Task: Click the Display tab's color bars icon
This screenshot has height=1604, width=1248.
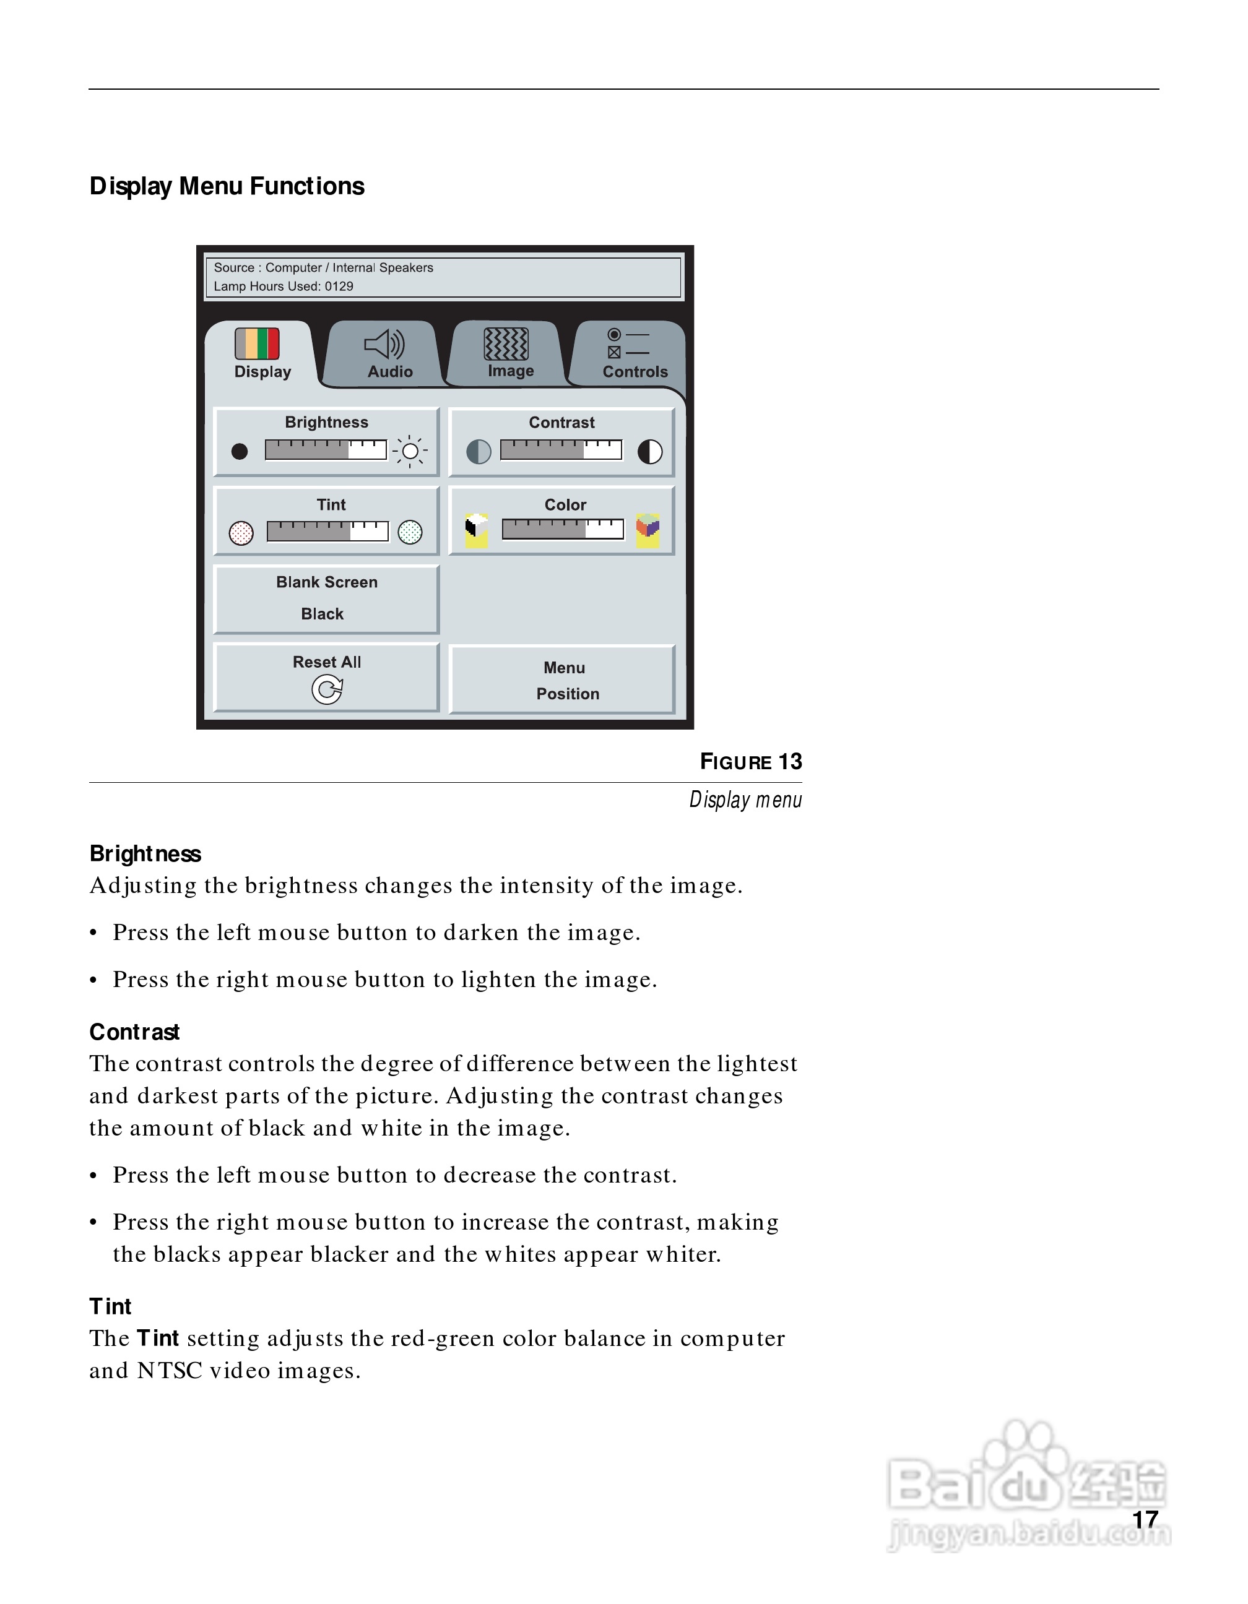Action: click(x=257, y=343)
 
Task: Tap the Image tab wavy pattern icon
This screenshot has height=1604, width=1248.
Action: click(x=506, y=343)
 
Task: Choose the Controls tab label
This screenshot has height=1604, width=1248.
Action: click(x=635, y=372)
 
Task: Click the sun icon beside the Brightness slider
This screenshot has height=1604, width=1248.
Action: click(x=410, y=451)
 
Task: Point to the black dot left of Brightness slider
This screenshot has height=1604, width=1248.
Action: click(x=240, y=451)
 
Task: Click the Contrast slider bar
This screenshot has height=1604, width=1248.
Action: click(x=561, y=449)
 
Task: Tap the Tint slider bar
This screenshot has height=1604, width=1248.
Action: click(x=327, y=531)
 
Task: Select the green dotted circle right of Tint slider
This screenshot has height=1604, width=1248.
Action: click(x=410, y=532)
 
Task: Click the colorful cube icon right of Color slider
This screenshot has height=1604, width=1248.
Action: click(x=648, y=530)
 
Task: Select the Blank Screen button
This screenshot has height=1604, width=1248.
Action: click(x=326, y=598)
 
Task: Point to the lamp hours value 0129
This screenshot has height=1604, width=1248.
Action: click(x=339, y=287)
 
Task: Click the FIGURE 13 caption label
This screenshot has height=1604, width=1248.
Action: click(x=751, y=762)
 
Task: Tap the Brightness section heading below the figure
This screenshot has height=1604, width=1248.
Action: click(x=145, y=853)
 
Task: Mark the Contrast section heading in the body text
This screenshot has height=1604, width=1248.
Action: click(x=134, y=1032)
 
